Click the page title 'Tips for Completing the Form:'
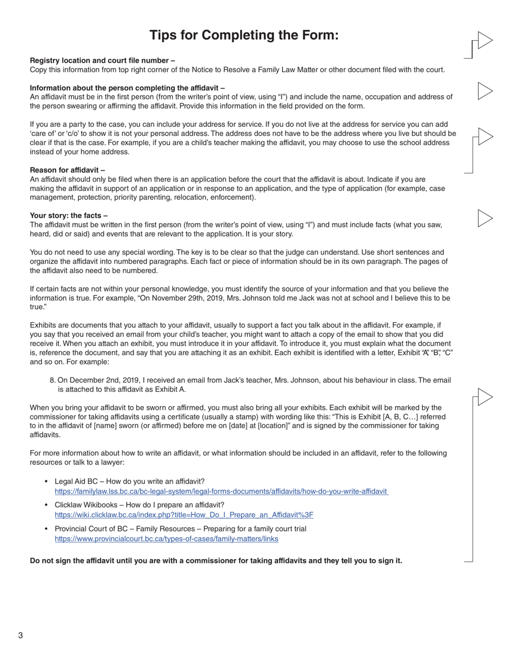[x=244, y=35]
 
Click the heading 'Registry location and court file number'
[x=102, y=60]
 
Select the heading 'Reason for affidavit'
[x=67, y=170]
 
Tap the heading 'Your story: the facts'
[x=68, y=216]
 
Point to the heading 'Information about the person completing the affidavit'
[x=127, y=88]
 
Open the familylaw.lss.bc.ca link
[x=221, y=491]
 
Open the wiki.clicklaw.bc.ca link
[x=184, y=515]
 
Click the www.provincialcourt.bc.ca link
[x=166, y=539]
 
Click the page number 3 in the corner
[x=20, y=636]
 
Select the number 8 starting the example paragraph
[x=52, y=380]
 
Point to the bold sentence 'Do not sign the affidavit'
[x=215, y=561]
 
